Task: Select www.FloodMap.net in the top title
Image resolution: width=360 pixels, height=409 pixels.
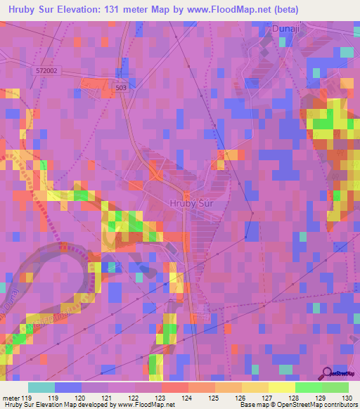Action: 232,10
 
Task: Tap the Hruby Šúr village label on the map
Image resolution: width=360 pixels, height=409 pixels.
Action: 191,204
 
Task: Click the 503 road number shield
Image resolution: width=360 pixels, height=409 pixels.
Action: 122,86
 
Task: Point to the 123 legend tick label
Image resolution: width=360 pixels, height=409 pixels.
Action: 162,398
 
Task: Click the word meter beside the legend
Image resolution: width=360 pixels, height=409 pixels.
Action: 11,398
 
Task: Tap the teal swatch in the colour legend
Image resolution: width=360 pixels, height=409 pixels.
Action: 41,387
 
